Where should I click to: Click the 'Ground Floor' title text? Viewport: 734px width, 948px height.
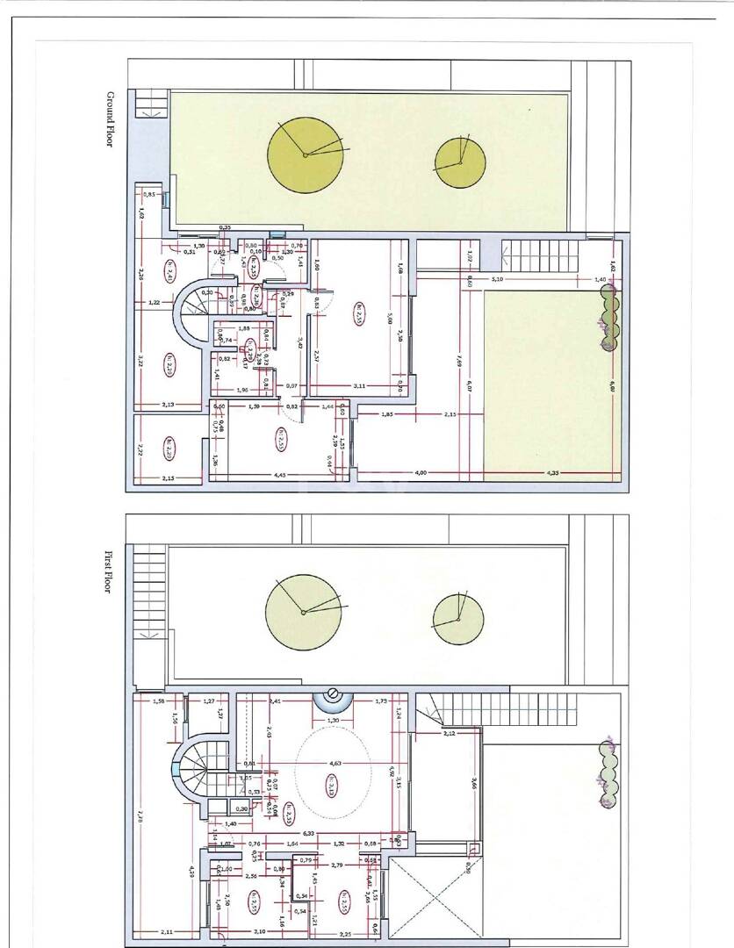[111, 119]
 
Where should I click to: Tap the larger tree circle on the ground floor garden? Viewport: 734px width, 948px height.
[306, 155]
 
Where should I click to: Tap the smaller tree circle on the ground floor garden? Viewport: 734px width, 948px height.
[460, 163]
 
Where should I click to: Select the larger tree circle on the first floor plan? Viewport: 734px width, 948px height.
[303, 612]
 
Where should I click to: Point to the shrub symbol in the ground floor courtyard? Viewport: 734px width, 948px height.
[608, 320]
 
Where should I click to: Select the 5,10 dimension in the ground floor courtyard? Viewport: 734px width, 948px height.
[498, 279]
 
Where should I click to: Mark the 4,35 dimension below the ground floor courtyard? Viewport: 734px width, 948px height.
[552, 473]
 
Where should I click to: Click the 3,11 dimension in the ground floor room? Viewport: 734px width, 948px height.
[359, 385]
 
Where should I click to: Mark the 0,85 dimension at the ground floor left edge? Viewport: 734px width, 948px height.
[149, 194]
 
